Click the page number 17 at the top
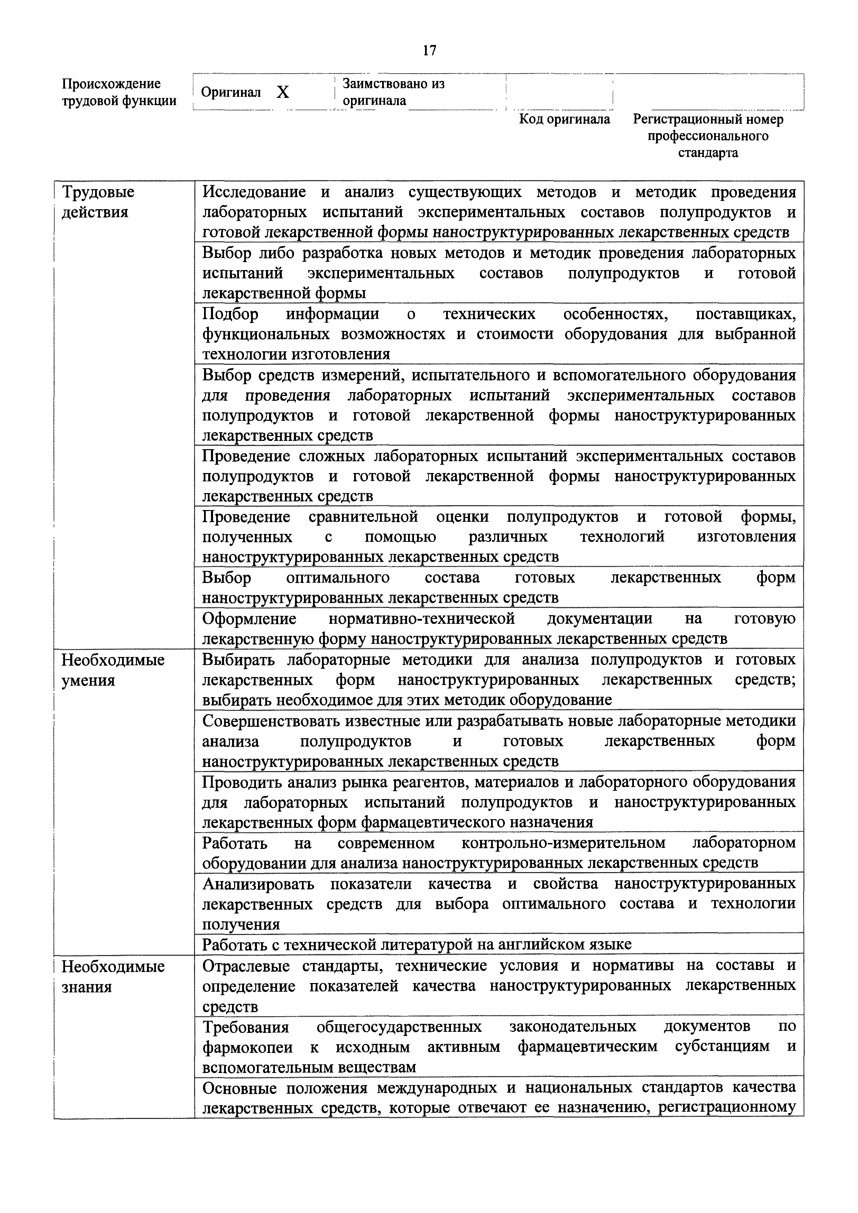[429, 51]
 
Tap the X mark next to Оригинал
[283, 93]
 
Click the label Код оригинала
[564, 119]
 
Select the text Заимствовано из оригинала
[393, 92]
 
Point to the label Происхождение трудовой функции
[119, 92]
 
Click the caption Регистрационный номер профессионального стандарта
[708, 136]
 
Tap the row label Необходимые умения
[112, 669]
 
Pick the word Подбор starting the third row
[230, 314]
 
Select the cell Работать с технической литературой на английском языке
[417, 944]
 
